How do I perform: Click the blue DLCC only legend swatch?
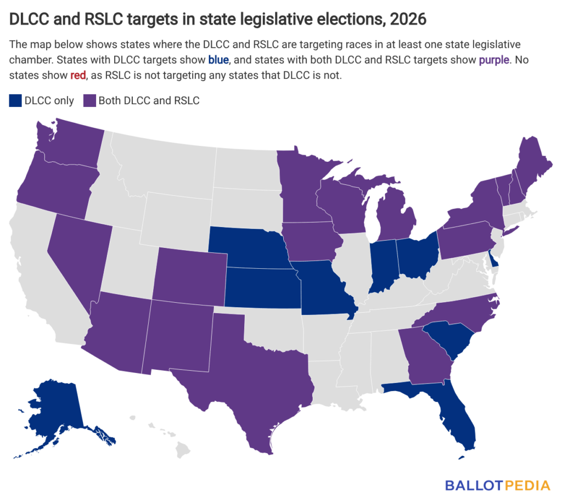point(15,100)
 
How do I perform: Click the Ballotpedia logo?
point(497,484)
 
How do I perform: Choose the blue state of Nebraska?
point(247,250)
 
